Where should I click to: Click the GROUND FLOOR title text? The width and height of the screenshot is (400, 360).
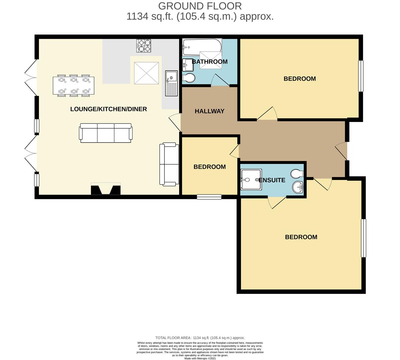(200, 6)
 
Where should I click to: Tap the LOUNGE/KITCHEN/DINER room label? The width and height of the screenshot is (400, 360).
(108, 109)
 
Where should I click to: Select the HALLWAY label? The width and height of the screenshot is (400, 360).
(210, 111)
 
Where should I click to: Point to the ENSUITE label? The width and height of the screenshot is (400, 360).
(272, 180)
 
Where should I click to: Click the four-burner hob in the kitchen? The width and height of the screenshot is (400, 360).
(144, 46)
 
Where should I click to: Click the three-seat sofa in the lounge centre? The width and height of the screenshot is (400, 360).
(105, 133)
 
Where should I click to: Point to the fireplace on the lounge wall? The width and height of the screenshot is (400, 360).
(106, 189)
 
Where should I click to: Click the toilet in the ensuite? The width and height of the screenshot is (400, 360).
(297, 173)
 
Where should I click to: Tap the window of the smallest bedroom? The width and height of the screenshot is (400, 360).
(209, 197)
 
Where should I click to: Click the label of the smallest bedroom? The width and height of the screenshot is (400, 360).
(210, 167)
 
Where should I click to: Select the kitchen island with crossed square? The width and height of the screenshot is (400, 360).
(146, 73)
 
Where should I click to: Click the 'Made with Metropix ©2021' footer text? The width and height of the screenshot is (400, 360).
(200, 359)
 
